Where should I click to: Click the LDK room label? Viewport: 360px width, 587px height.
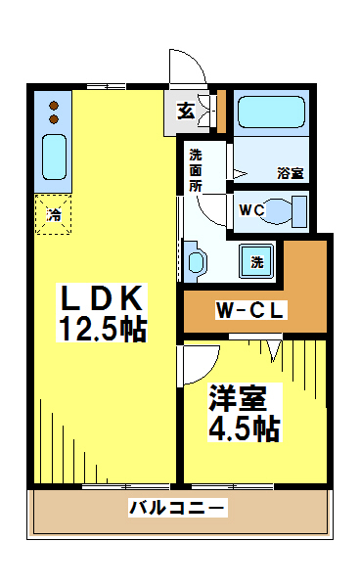(102, 298)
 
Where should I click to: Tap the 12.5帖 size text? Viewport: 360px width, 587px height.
(102, 329)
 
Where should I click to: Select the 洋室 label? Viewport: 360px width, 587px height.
(238, 397)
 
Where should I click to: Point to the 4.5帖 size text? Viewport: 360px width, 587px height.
(244, 429)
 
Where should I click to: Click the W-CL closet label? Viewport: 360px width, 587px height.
(251, 310)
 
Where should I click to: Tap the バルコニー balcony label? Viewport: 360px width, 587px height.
(178, 508)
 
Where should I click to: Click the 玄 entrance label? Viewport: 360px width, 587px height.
(186, 112)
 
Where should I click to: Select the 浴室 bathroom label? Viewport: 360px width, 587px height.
(291, 173)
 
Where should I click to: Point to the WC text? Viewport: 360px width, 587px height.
(251, 210)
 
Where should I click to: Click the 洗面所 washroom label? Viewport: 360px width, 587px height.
(195, 170)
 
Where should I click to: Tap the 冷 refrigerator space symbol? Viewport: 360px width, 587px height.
(53, 214)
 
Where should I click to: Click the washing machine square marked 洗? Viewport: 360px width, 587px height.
(256, 261)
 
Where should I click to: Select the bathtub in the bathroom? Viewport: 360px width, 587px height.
(271, 112)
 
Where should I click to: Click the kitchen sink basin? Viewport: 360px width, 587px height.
(54, 158)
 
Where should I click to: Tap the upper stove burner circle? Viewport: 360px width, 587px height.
(54, 106)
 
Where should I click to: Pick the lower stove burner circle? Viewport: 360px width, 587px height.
(54, 119)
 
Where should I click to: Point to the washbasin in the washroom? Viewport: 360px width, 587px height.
(196, 262)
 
